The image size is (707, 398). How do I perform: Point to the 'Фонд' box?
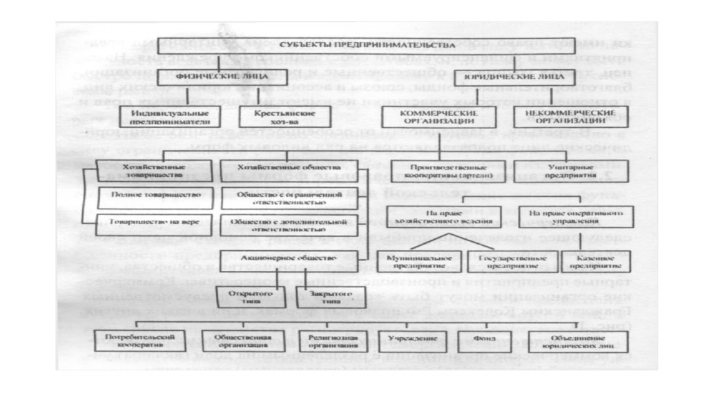(478, 339)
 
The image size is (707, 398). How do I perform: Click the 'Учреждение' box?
(403, 339)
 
